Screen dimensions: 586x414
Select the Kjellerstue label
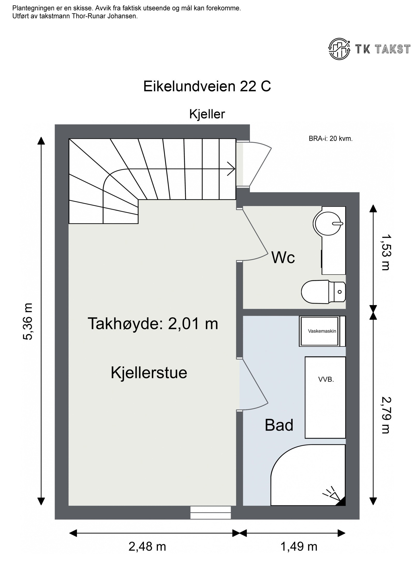(149, 373)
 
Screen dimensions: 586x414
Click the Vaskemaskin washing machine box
(322, 331)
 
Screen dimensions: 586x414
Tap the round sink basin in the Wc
(328, 223)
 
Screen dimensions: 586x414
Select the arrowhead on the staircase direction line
(231, 169)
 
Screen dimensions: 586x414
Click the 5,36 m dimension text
(28, 321)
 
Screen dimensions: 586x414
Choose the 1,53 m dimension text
(385, 252)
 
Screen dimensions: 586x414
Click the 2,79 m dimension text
(385, 415)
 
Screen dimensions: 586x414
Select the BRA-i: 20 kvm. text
(330, 139)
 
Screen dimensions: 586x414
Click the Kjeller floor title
(207, 114)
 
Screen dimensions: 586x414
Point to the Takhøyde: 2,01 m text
(153, 324)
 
